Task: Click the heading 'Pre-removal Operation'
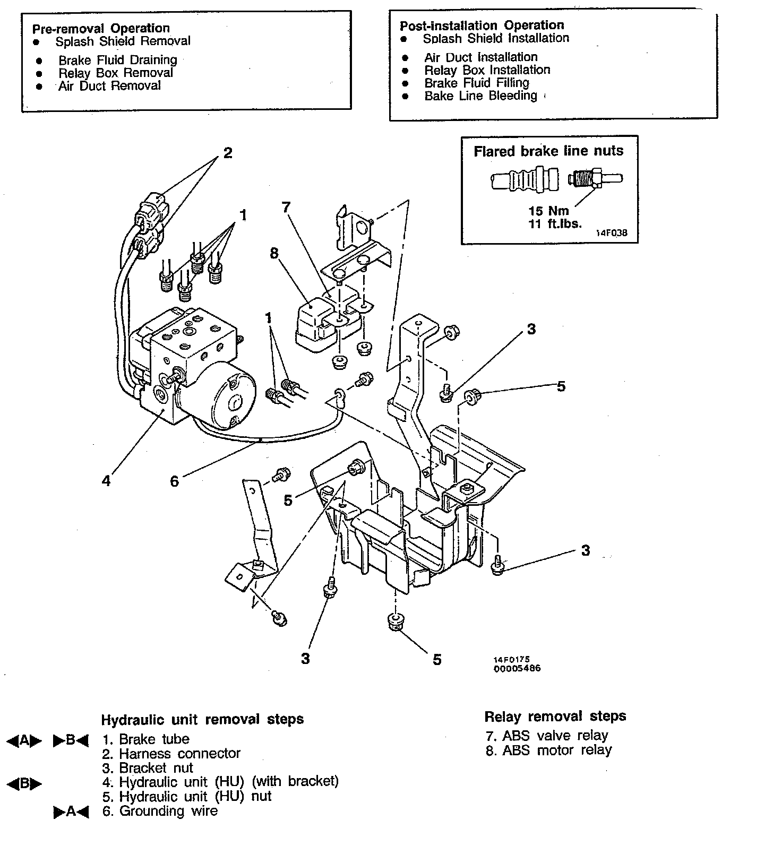coord(101,28)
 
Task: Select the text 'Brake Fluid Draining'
coord(117,60)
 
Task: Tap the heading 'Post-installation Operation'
coord(482,25)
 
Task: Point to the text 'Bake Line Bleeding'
coord(480,96)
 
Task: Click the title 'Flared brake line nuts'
coord(548,151)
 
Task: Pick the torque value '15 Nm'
coord(548,211)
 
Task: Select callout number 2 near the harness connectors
coord(228,153)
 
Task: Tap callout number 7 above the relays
coord(286,207)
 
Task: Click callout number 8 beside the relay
coord(274,253)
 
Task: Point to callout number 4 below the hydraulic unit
coord(106,481)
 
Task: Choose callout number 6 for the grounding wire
coord(174,481)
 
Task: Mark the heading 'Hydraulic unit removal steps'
coord(202,720)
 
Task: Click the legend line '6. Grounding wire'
coord(160,811)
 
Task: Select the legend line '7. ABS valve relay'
coord(547,736)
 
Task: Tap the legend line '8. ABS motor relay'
coord(548,750)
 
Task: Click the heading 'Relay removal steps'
coord(555,717)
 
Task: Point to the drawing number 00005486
coord(517,668)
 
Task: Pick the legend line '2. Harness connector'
coord(171,753)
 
